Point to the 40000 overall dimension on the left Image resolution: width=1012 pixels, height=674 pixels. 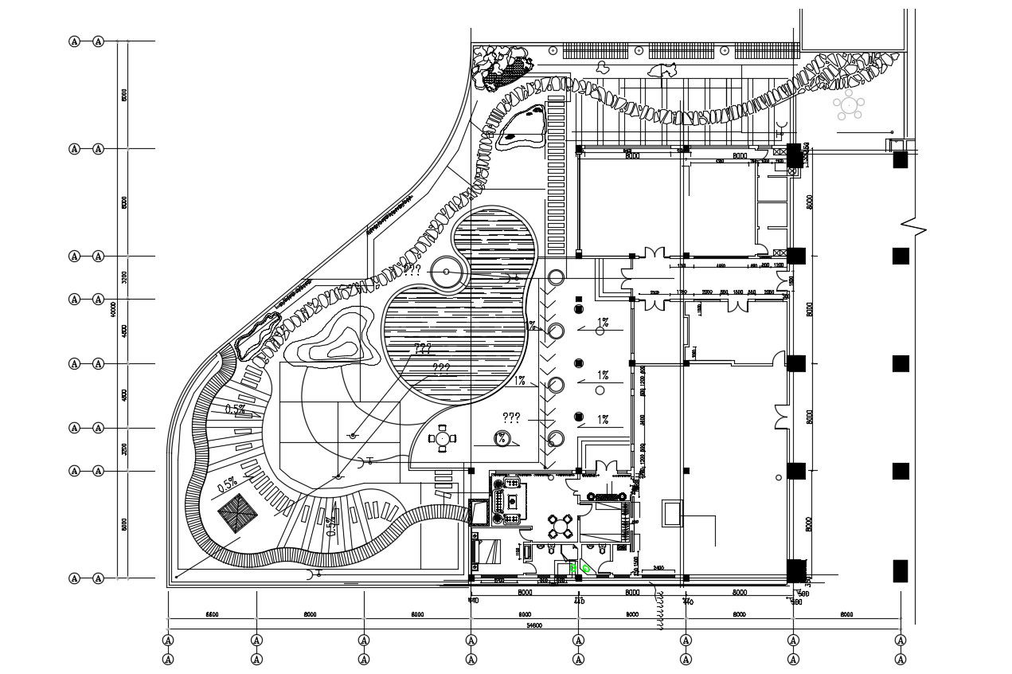114,308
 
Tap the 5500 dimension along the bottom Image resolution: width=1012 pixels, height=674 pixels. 212,615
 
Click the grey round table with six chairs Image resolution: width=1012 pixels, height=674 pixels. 849,104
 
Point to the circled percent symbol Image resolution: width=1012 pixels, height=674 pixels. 502,437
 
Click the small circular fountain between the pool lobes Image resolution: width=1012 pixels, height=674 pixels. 446,272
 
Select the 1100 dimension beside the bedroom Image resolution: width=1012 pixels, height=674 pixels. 518,551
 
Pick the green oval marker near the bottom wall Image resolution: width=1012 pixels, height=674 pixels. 587,567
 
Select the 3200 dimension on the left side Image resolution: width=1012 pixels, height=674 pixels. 124,277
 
